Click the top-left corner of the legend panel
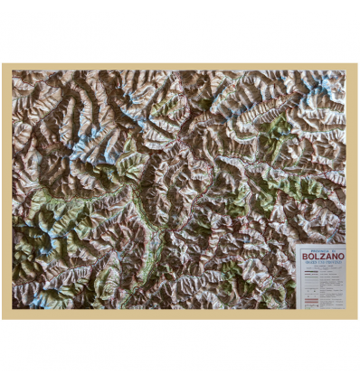click(x=298, y=246)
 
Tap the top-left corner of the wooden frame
click(x=3, y=64)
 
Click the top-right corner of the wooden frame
click(x=356, y=64)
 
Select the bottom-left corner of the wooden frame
click(x=3, y=318)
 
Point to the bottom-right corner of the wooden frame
click(x=356, y=318)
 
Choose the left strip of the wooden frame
click(x=6, y=190)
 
